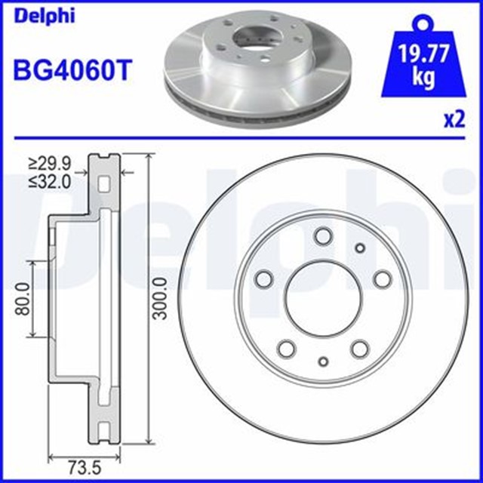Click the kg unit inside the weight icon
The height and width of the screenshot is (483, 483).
414,78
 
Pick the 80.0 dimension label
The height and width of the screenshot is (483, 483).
24,298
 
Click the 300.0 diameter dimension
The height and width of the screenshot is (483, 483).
158,299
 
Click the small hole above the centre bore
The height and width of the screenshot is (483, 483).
359,248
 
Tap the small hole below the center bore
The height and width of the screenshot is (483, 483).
323,361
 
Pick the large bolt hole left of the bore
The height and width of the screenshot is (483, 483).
265,279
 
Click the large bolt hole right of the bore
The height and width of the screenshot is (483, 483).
383,279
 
